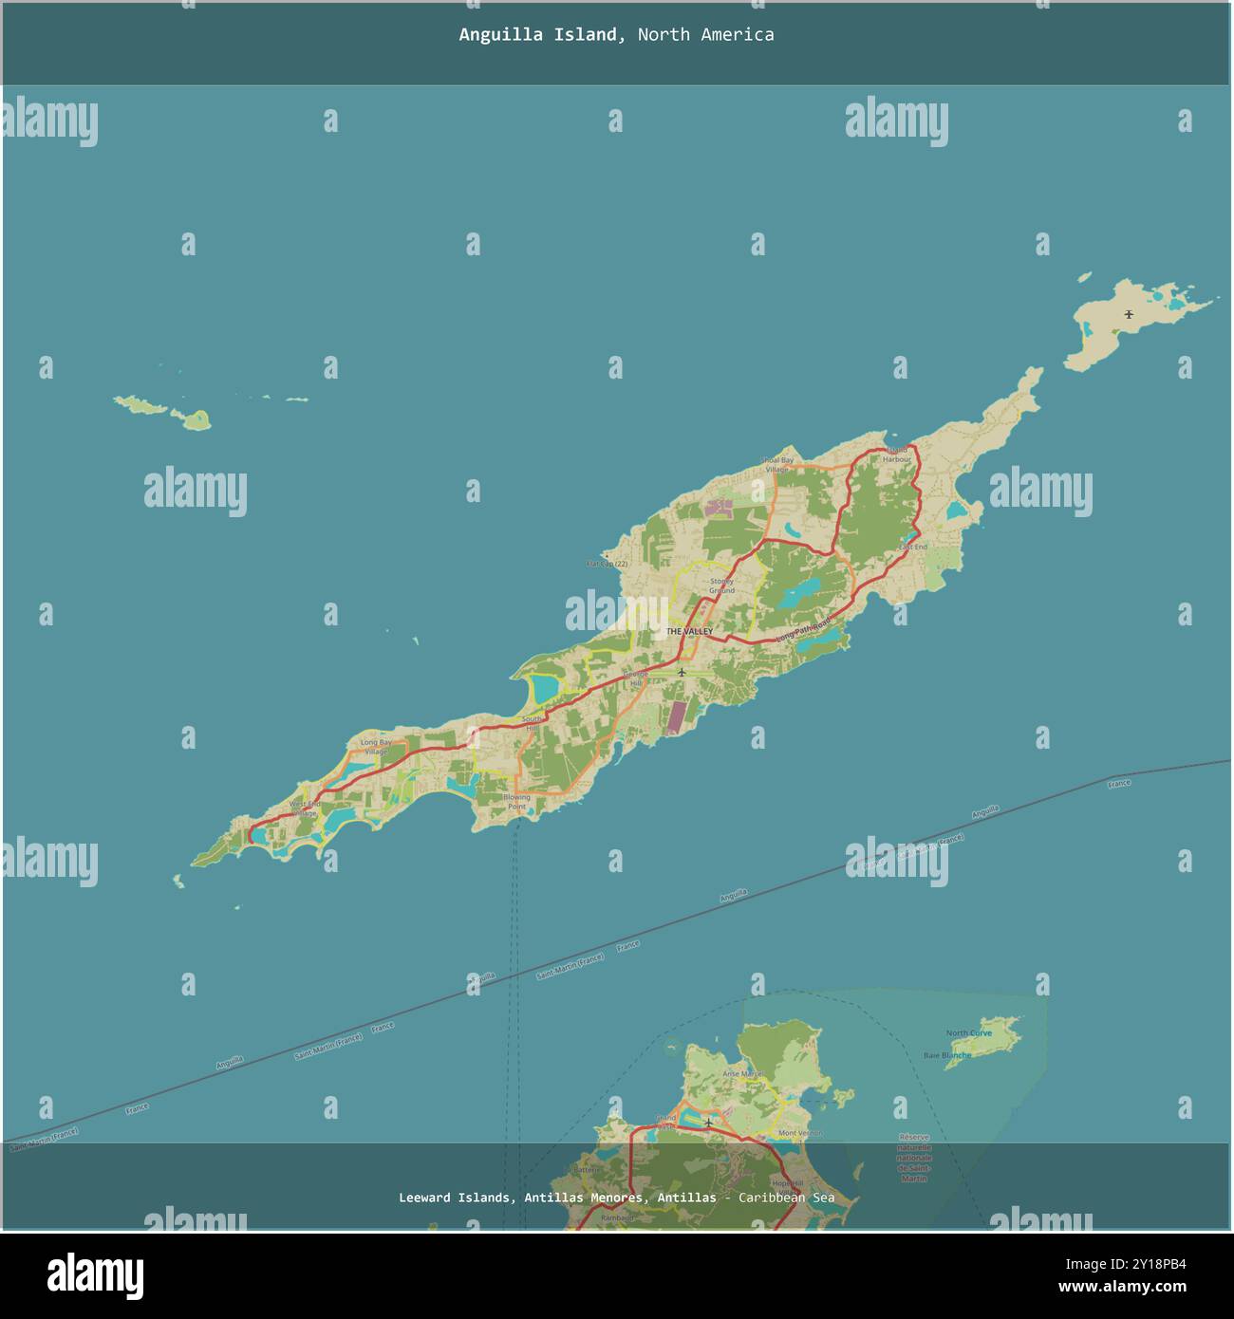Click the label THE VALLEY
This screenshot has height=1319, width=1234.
click(x=688, y=631)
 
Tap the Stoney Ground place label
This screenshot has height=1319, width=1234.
click(x=721, y=585)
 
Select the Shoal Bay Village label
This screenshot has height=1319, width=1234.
click(x=776, y=464)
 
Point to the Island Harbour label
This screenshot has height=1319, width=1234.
click(x=896, y=455)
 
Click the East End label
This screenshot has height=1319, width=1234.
click(x=913, y=548)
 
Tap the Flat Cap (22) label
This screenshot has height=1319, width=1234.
click(x=608, y=564)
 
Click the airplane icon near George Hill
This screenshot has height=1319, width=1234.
click(x=681, y=672)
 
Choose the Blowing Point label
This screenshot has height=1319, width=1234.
click(x=517, y=802)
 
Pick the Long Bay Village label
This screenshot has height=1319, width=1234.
click(x=376, y=747)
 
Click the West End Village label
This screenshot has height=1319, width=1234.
click(x=305, y=808)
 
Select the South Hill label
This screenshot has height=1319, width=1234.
click(x=531, y=723)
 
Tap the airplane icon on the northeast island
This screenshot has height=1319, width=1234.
click(x=1129, y=314)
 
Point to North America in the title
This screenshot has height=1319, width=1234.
click(x=705, y=35)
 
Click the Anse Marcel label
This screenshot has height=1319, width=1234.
click(x=742, y=1074)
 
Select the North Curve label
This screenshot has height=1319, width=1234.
click(x=968, y=1033)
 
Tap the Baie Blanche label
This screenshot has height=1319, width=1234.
click(x=947, y=1055)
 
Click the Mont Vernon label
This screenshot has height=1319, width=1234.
click(x=799, y=1133)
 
